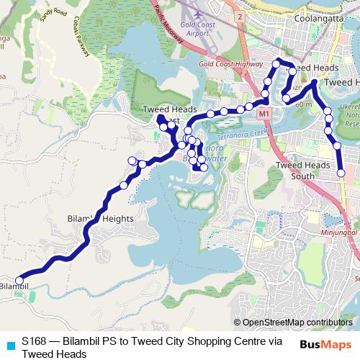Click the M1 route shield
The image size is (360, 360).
pyautogui.click(x=264, y=114)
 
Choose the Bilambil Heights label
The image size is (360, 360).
pyautogui.click(x=100, y=218)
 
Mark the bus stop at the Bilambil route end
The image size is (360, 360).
pyautogui.click(x=19, y=280)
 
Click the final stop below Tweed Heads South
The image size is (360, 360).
pyautogui.click(x=341, y=173)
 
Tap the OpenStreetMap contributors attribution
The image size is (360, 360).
pyautogui.click(x=296, y=323)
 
